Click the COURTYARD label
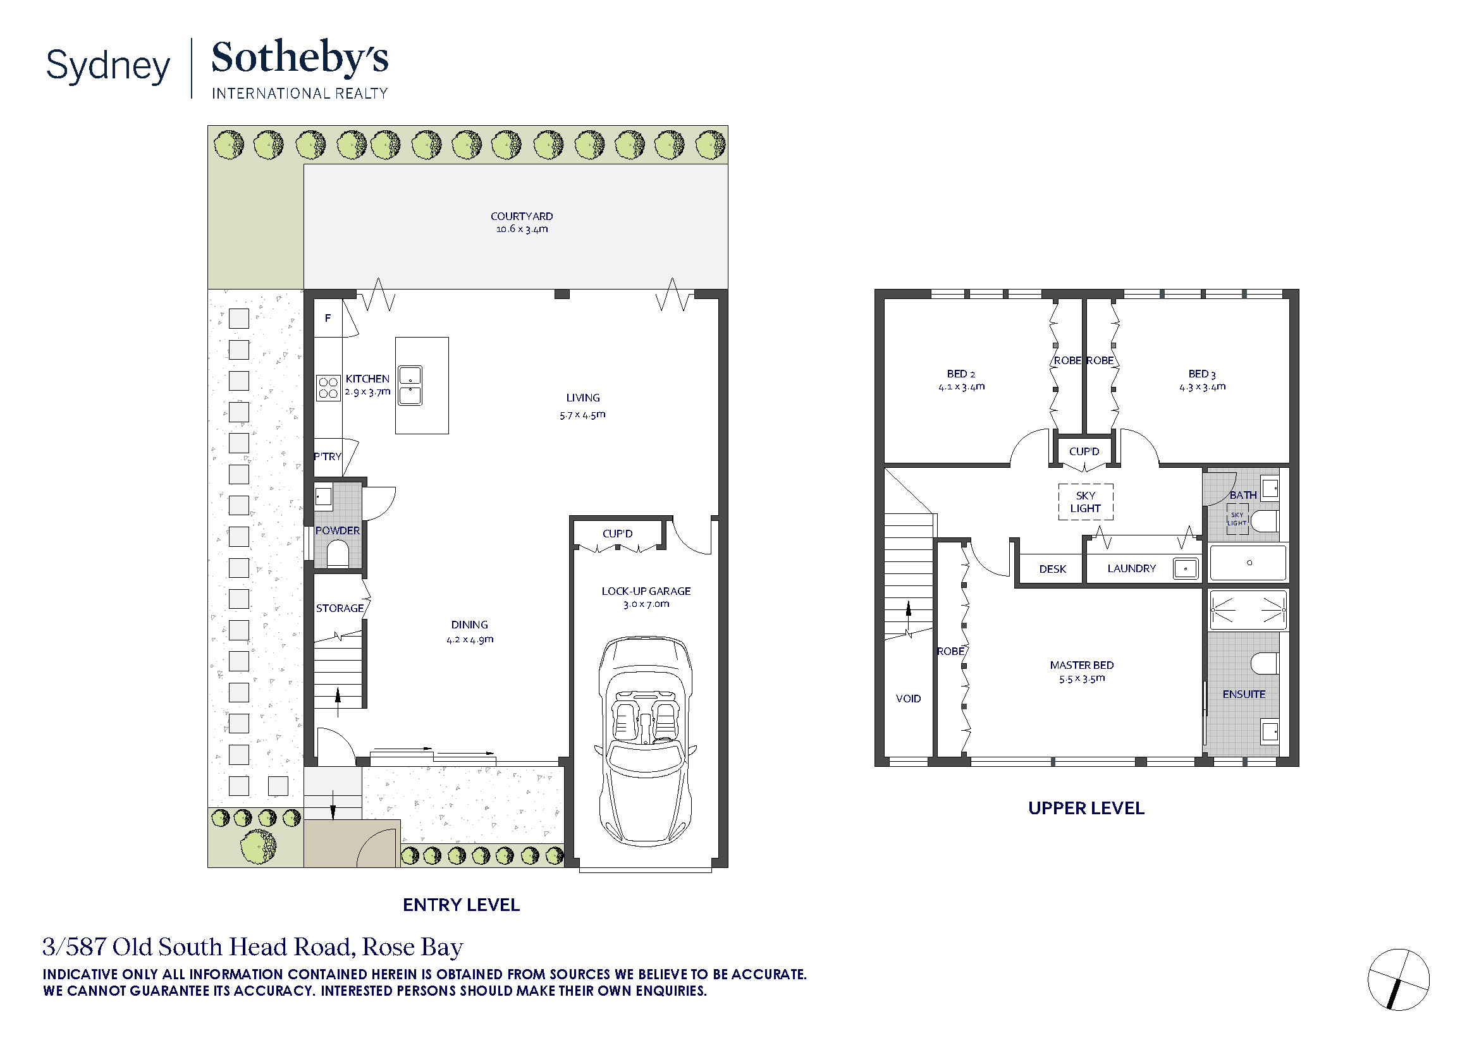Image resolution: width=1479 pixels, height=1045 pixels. [522, 216]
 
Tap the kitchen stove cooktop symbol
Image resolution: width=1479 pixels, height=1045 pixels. [328, 388]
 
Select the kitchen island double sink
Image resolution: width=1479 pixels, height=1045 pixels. [410, 385]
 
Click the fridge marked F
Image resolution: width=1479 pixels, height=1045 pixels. [328, 318]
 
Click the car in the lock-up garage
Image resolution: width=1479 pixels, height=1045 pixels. [646, 741]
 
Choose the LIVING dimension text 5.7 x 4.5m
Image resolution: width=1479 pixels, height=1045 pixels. [582, 415]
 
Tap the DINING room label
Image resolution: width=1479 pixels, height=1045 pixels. [470, 625]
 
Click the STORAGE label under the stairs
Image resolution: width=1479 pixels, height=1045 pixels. [340, 608]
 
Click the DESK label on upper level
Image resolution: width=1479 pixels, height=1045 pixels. [1053, 569]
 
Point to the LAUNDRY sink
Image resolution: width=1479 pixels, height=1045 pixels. [1185, 568]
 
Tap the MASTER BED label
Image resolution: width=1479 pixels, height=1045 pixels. [1081, 665]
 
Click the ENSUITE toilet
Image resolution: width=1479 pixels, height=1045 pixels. [1265, 663]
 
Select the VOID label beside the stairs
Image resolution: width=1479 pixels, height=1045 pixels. [908, 699]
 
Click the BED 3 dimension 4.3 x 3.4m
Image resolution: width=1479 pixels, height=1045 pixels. [1202, 387]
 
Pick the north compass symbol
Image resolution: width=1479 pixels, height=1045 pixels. [1399, 980]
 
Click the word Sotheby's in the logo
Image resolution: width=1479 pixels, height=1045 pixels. [300, 58]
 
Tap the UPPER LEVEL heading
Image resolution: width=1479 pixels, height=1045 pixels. [1086, 809]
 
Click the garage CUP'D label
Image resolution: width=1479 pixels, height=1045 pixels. [617, 534]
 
